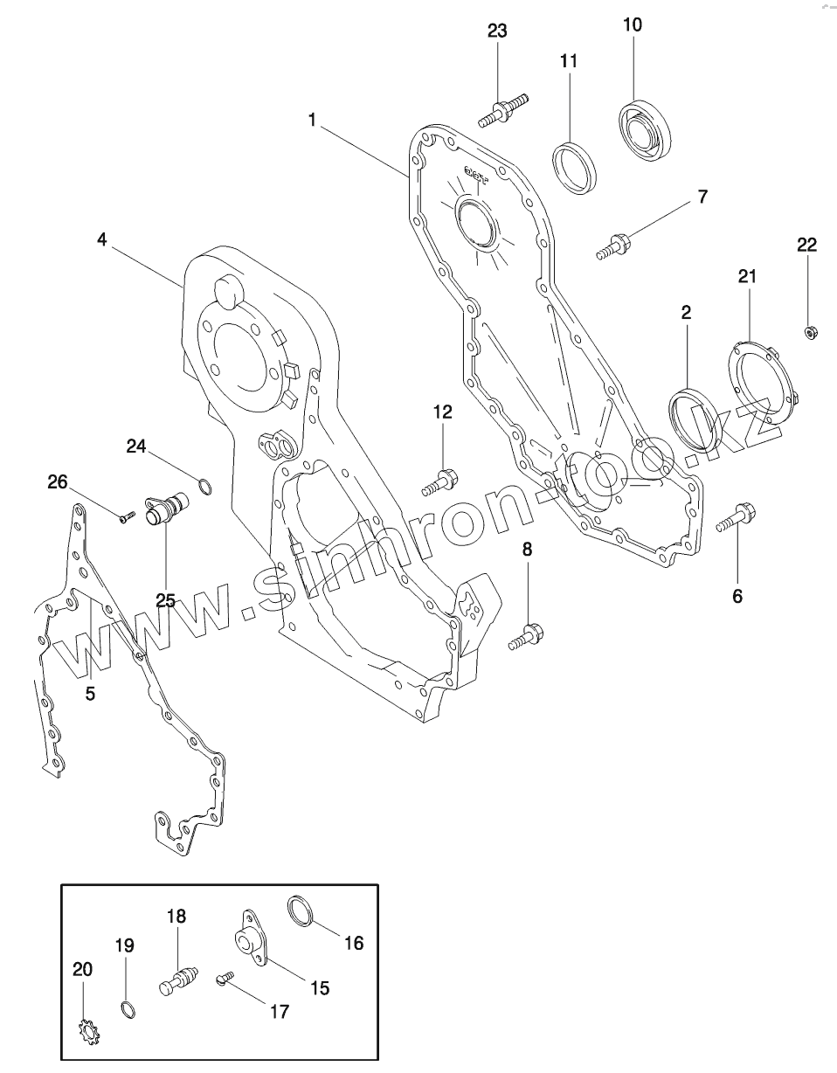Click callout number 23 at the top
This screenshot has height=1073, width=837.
496,31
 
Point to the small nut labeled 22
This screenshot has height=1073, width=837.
809,330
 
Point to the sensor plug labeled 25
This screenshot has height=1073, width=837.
165,509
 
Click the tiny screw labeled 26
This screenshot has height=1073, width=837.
125,517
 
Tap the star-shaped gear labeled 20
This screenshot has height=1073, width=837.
86,1032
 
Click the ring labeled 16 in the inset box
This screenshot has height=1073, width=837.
300,910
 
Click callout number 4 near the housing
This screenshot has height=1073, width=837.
102,239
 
